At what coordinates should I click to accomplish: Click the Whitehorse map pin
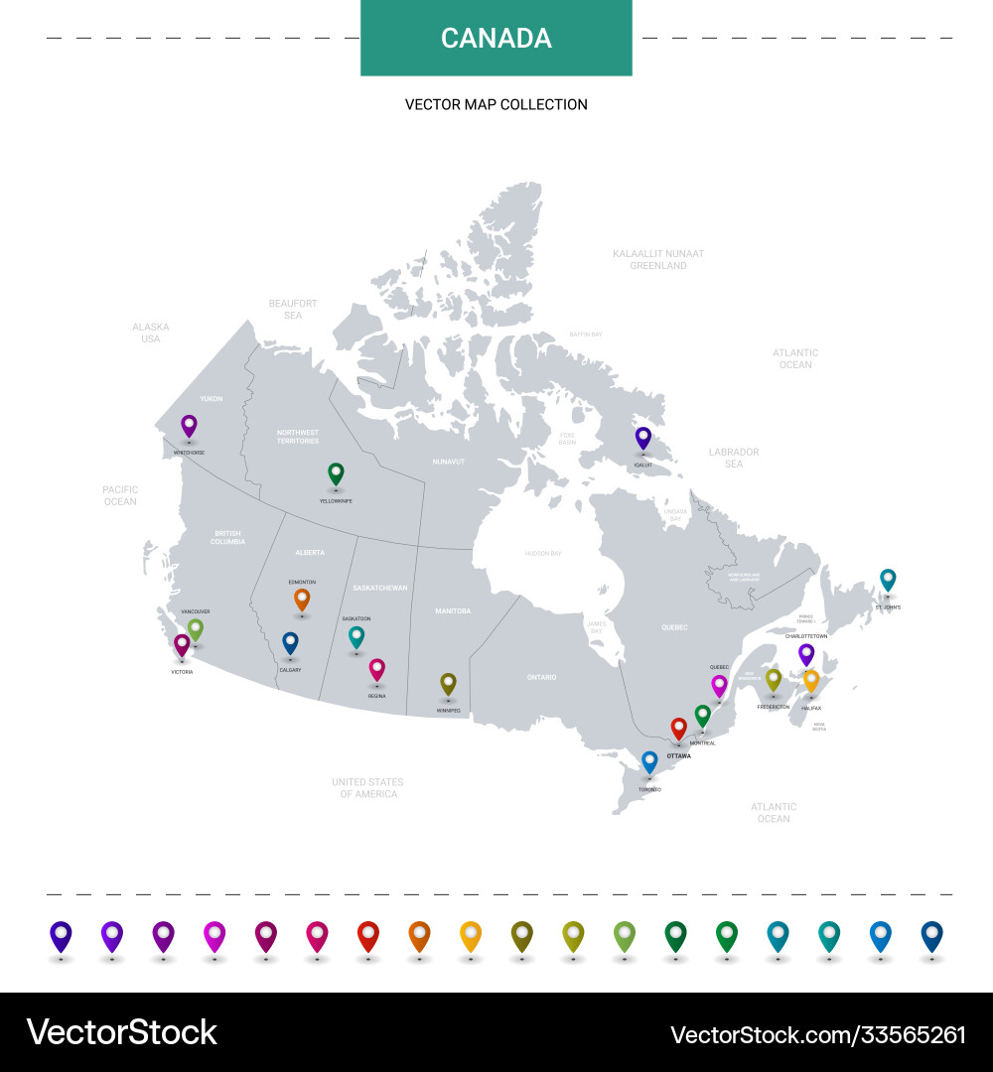[189, 426]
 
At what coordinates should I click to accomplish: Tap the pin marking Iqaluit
[643, 438]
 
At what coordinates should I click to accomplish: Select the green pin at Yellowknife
[337, 473]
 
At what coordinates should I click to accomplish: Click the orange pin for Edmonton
[302, 599]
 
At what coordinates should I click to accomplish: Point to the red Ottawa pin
[679, 729]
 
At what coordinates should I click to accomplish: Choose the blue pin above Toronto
[649, 761]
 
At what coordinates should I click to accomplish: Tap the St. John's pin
[888, 579]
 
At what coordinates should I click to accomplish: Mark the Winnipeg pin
[448, 683]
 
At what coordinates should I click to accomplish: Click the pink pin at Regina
[376, 669]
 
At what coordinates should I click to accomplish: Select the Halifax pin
[811, 680]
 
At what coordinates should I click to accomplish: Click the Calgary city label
[290, 670]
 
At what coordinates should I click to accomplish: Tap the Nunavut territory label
[448, 462]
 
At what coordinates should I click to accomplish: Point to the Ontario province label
[541, 677]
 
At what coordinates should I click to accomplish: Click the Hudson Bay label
[543, 553]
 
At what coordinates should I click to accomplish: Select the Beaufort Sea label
[293, 309]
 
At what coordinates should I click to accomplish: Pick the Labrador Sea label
[734, 458]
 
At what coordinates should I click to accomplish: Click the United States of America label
[367, 788]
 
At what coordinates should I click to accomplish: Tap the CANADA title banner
[496, 39]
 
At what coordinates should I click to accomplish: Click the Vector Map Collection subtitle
[496, 104]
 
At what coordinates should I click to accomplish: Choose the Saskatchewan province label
[380, 588]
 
